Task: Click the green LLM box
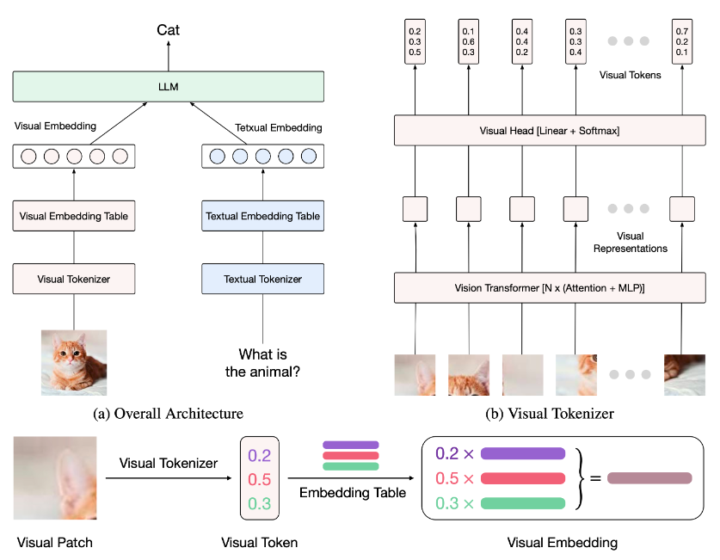coord(168,86)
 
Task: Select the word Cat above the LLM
coord(168,31)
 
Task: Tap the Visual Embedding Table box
coord(74,216)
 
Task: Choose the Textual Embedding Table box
coord(263,216)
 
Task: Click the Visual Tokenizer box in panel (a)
coord(74,279)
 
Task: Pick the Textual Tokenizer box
coord(263,279)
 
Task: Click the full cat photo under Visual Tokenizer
coord(74,362)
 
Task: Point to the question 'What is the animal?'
coord(263,363)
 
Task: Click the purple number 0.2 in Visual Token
coord(259,455)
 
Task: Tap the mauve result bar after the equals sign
coord(649,478)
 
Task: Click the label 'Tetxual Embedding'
coord(278,128)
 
